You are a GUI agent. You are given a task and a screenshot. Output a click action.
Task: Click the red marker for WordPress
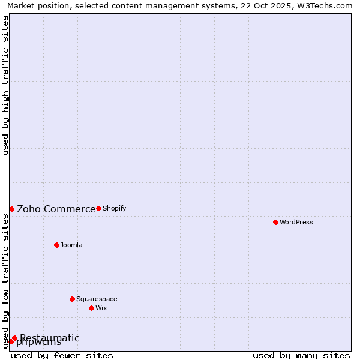point(275,222)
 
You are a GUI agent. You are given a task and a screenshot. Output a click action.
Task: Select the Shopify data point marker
point(98,208)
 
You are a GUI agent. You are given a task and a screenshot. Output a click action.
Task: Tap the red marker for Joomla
point(56,245)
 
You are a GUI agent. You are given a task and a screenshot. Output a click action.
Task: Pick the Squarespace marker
point(72,299)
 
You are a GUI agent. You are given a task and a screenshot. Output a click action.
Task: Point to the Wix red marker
point(91,308)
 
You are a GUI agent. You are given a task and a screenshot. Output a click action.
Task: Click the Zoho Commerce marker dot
point(11,209)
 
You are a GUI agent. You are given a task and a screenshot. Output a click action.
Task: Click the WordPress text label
point(296,222)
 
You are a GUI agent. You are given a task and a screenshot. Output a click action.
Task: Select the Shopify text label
point(114,208)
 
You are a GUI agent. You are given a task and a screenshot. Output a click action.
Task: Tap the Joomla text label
point(71,245)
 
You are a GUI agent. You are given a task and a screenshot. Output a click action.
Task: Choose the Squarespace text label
point(97,299)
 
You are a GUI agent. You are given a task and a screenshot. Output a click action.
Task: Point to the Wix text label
point(101,308)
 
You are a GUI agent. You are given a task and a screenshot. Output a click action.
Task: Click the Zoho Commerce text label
point(56,209)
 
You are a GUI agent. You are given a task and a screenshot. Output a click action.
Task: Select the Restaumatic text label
point(50,338)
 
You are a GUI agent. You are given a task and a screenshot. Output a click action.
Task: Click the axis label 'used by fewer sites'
point(62,355)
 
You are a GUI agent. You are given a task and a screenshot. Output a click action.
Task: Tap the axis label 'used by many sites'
point(301,355)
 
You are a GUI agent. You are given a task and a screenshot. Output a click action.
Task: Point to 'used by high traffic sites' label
point(5,85)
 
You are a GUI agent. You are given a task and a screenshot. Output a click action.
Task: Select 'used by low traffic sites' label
point(5,281)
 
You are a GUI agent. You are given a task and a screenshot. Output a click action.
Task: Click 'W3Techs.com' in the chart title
point(328,5)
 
